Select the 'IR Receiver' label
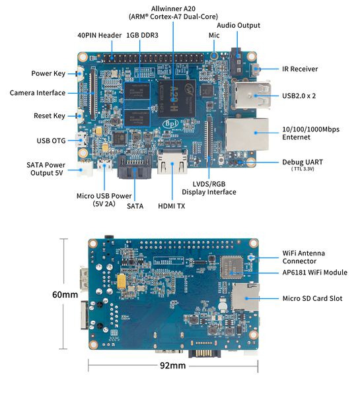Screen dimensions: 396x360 coord(300,69)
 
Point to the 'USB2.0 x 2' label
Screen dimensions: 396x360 coord(299,96)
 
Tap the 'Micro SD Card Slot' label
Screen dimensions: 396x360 coord(312,298)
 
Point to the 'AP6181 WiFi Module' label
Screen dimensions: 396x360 coord(314,273)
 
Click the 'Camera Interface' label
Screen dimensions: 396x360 coord(38,93)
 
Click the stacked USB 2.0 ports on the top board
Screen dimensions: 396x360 coord(250,94)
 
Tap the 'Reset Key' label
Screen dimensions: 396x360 coord(50,116)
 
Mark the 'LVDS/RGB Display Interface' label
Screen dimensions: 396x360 coord(209,187)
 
